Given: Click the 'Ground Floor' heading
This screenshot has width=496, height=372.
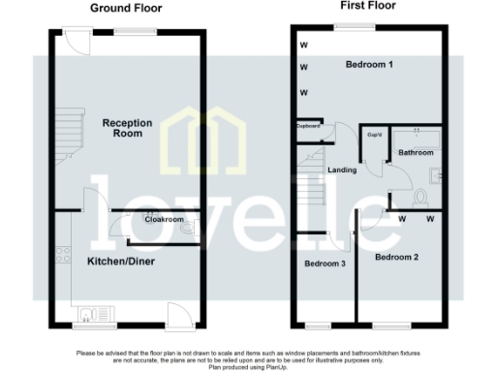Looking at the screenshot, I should [126, 8].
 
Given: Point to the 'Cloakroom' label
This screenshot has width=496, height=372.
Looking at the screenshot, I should [164, 220].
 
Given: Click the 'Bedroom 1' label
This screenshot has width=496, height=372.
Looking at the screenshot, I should [370, 65].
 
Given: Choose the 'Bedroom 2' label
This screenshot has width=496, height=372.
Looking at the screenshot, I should [396, 257].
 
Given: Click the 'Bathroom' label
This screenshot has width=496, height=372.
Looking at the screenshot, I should [418, 152].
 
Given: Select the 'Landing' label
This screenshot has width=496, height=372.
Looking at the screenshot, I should [341, 171].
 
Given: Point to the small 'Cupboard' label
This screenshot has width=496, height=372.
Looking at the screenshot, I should [308, 126].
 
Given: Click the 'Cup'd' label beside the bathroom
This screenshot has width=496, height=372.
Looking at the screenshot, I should [373, 136].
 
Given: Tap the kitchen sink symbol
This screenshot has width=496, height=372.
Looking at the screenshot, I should [91, 313].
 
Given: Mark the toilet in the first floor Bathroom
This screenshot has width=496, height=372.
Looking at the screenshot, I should [419, 198].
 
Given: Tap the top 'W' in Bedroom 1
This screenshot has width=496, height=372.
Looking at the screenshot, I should [302, 45].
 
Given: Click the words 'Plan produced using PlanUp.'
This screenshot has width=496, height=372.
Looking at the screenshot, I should [248, 368].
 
